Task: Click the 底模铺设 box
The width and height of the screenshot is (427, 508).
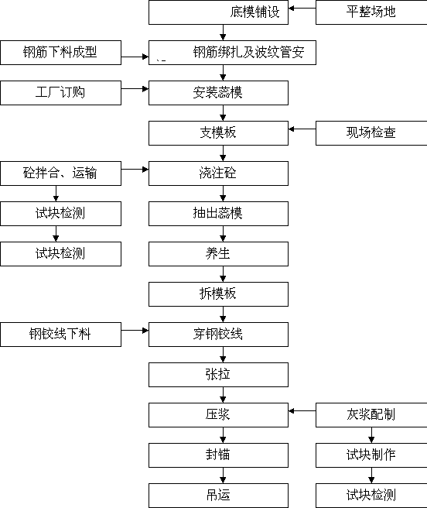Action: pos(218,12)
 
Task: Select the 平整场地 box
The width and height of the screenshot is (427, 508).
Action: pos(371,12)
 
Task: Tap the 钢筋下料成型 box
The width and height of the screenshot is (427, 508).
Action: pos(61,53)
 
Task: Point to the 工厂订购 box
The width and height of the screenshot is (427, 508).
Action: pos(61,93)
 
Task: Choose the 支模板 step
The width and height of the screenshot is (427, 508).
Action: pos(218,133)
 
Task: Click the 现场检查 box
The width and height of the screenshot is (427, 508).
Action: pos(371,133)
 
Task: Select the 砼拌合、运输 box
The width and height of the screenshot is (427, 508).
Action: pos(61,173)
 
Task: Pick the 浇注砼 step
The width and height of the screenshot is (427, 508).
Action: pos(218,173)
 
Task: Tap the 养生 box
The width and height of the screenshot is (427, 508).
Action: pos(218,254)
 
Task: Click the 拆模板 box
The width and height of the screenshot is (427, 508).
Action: pos(218,294)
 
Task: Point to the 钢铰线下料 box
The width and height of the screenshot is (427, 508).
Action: pos(61,335)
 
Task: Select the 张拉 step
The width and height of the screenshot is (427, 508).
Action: pos(218,375)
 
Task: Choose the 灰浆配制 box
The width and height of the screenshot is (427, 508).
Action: pos(371,415)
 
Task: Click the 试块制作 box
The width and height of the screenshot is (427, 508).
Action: pos(371,455)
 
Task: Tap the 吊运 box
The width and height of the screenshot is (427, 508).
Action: pos(218,496)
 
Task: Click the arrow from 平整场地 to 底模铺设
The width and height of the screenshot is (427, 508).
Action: pos(302,8)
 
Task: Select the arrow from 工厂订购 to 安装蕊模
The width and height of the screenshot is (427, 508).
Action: pos(135,88)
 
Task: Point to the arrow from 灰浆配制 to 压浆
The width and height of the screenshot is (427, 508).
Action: pos(302,410)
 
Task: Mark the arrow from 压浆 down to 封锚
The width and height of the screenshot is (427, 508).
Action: pos(223,435)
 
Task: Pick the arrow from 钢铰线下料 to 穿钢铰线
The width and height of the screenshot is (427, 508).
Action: pos(135,331)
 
